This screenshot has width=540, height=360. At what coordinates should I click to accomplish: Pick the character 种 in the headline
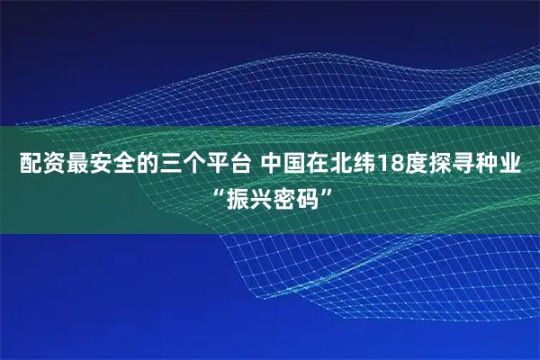469,166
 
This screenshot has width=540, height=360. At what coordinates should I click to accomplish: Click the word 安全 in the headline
107,166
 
